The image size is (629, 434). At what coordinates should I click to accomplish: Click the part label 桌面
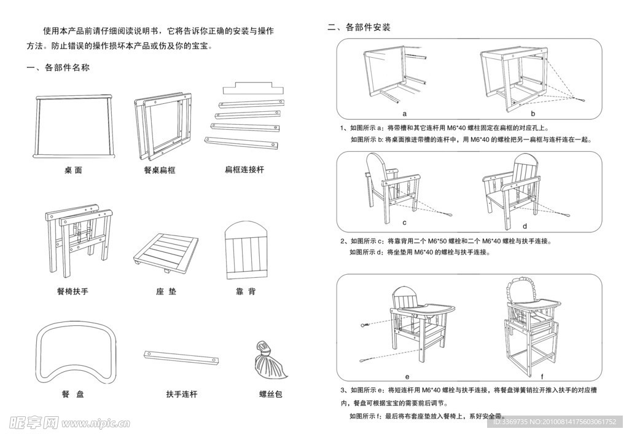pos(73,170)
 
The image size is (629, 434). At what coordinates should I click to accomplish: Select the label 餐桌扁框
pos(160,170)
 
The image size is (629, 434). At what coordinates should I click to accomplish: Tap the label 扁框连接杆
pos(244,169)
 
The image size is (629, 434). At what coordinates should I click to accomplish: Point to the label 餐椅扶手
pos(72,291)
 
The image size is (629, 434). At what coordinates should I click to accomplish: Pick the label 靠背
pos(246,291)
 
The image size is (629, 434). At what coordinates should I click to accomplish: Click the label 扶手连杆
pos(182,394)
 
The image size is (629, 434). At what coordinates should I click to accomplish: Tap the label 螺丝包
pos(270,394)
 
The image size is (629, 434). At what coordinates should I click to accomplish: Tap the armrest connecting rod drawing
pos(181,357)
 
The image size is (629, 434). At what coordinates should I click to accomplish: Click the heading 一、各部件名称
pos(58,68)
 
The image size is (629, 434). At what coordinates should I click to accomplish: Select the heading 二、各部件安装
pos(359,28)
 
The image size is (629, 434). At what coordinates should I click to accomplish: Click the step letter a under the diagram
pos(405,114)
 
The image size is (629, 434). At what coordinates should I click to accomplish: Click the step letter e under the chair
pos(407,376)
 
